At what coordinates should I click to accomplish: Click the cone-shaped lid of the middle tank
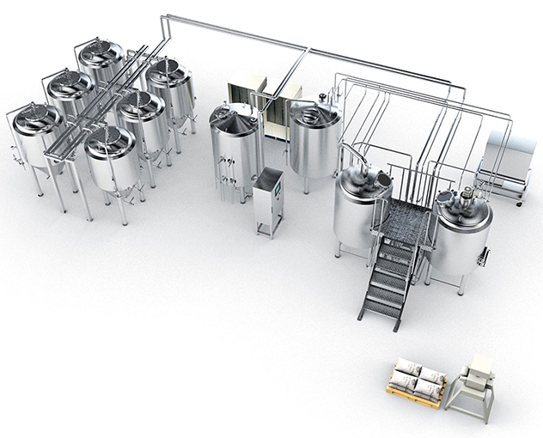point(234,119)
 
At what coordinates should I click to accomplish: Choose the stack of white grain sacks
point(417,378)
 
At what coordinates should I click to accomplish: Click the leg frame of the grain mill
point(472,404)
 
